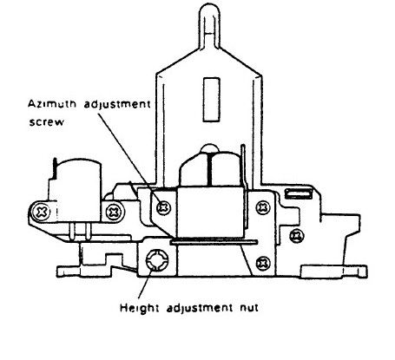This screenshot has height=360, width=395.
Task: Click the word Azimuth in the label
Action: click(x=52, y=104)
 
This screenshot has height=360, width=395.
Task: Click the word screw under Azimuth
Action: click(x=47, y=122)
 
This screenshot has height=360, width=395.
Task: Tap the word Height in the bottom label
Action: click(x=140, y=308)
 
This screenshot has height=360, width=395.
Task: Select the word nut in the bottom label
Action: click(x=249, y=308)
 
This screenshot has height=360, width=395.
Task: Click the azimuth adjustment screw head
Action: click(x=163, y=207)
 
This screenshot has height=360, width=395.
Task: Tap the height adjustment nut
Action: click(x=157, y=259)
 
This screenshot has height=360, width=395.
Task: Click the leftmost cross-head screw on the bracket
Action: click(x=42, y=213)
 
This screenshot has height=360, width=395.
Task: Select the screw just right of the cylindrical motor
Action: click(x=115, y=213)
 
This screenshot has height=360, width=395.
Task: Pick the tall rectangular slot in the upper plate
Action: click(x=211, y=99)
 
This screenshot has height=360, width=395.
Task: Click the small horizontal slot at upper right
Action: click(x=298, y=193)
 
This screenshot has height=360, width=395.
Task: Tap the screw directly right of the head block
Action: click(x=263, y=207)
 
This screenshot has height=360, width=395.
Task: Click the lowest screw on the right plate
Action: click(x=263, y=263)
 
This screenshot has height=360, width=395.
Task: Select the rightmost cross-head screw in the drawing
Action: click(x=297, y=236)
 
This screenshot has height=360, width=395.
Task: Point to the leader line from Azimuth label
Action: click(x=129, y=158)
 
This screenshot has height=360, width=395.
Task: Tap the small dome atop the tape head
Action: click(x=210, y=148)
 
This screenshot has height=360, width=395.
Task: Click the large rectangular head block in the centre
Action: click(x=210, y=213)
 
